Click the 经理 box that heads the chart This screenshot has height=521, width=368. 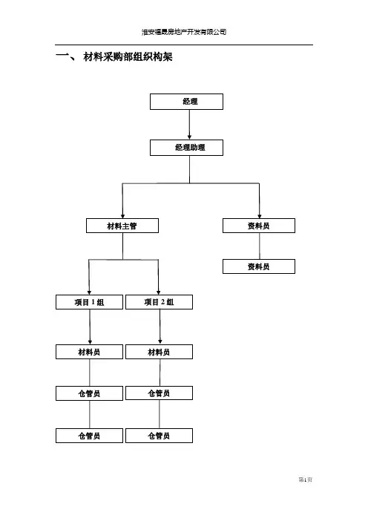186,102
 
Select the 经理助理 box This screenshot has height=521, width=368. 186,148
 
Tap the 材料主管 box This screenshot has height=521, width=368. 122,226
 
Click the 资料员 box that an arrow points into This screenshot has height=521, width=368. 259,226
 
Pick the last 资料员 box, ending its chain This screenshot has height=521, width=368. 259,266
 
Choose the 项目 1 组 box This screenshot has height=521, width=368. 89,302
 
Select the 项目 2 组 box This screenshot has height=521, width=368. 159,302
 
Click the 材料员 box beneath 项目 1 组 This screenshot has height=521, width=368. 89,352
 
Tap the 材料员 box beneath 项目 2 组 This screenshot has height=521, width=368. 159,352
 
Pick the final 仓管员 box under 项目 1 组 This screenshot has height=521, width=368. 89,436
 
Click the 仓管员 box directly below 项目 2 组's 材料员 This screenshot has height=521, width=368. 159,393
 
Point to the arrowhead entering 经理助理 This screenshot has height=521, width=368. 190,137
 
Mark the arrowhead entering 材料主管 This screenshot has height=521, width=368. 122,216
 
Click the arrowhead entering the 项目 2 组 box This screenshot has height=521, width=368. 159,292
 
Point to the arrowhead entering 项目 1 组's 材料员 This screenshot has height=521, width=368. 90,342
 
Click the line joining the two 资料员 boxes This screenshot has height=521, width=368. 260,246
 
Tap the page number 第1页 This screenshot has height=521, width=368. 305,479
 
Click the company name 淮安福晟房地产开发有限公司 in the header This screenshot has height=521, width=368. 184,32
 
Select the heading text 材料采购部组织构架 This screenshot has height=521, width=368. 128,57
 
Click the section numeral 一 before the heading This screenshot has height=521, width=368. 62,56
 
